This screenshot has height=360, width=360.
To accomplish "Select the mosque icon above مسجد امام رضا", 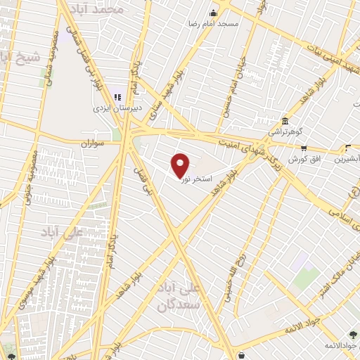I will [x=214, y=13].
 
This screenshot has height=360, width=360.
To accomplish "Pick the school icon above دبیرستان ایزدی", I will [x=117, y=97].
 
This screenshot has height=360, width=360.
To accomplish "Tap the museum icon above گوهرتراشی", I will [x=284, y=121].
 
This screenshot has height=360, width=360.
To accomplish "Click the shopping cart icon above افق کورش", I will [x=304, y=148].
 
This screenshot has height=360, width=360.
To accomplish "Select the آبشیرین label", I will [x=347, y=159].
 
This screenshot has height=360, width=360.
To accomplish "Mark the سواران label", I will [x=91, y=142].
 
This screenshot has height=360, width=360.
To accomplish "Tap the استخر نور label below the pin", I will [x=195, y=180].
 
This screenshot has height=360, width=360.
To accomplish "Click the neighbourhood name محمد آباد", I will [x=101, y=9].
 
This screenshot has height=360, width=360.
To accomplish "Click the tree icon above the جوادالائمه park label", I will [x=352, y=336].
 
